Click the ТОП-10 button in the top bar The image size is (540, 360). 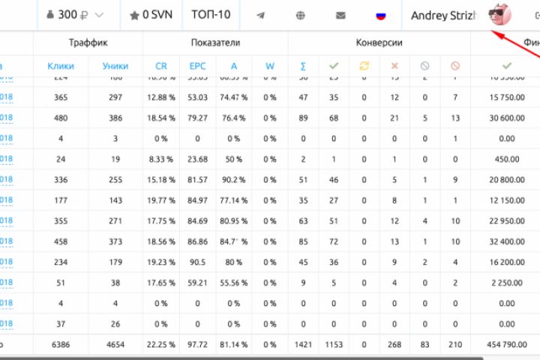click(211, 15)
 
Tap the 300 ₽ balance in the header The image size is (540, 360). click(73, 15)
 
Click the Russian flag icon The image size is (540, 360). click(380, 15)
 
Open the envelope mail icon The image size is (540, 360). click(340, 15)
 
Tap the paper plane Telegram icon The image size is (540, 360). click(260, 15)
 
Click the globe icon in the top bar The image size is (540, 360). click(301, 15)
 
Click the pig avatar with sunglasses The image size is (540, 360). click(498, 15)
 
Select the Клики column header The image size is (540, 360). click(61, 66)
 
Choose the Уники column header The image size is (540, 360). click(115, 66)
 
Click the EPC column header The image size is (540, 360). click(198, 66)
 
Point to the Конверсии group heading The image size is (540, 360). click(380, 43)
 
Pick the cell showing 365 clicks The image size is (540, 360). click(61, 97)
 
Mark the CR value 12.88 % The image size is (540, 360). click(161, 97)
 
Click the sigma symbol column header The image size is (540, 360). click(303, 66)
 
